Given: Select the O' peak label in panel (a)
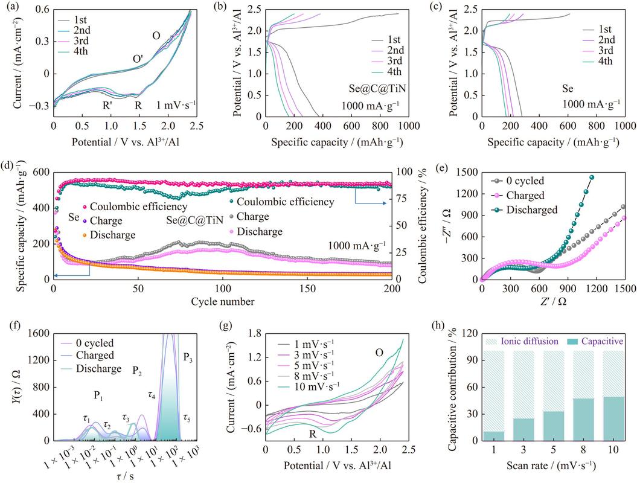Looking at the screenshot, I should (x=138, y=59).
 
